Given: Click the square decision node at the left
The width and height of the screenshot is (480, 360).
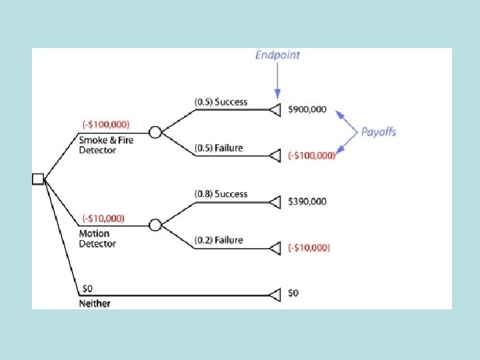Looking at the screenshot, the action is pos(38,179).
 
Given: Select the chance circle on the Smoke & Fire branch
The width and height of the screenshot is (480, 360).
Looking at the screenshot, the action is pos(155,133).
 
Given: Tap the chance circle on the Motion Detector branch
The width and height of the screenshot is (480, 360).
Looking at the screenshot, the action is pos(155,225).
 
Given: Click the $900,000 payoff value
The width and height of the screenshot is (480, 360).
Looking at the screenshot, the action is pos(307,109).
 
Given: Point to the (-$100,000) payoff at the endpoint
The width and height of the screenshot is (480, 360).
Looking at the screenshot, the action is pos(312,155).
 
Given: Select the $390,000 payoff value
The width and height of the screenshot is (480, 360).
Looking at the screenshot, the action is pos(307,201).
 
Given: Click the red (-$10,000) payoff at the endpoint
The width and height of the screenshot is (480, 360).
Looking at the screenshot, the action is pos(309,247).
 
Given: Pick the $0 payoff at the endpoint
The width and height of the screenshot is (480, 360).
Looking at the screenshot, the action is pos(293,293).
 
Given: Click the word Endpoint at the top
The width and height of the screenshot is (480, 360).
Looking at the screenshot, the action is pos(277,55).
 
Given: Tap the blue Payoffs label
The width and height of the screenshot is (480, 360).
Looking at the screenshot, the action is pos(378,131).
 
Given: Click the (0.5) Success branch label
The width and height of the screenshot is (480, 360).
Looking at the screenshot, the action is pos(221,102).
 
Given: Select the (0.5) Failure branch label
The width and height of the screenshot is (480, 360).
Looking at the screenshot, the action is pos(219,148).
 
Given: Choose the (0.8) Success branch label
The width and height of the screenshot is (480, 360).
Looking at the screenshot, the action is pos(221,194).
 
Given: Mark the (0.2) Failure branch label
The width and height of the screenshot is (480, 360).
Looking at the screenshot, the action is pos(219,240).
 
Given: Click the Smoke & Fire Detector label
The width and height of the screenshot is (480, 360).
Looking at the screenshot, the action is pos(107,145).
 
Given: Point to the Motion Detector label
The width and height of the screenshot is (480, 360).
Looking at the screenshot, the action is pos(97,239).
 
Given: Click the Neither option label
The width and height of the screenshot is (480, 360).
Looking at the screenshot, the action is pos(95,303).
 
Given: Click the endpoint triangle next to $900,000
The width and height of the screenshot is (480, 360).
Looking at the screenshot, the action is pos(275,109).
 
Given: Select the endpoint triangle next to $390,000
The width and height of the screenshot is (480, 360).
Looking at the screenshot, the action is pos(275,201).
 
